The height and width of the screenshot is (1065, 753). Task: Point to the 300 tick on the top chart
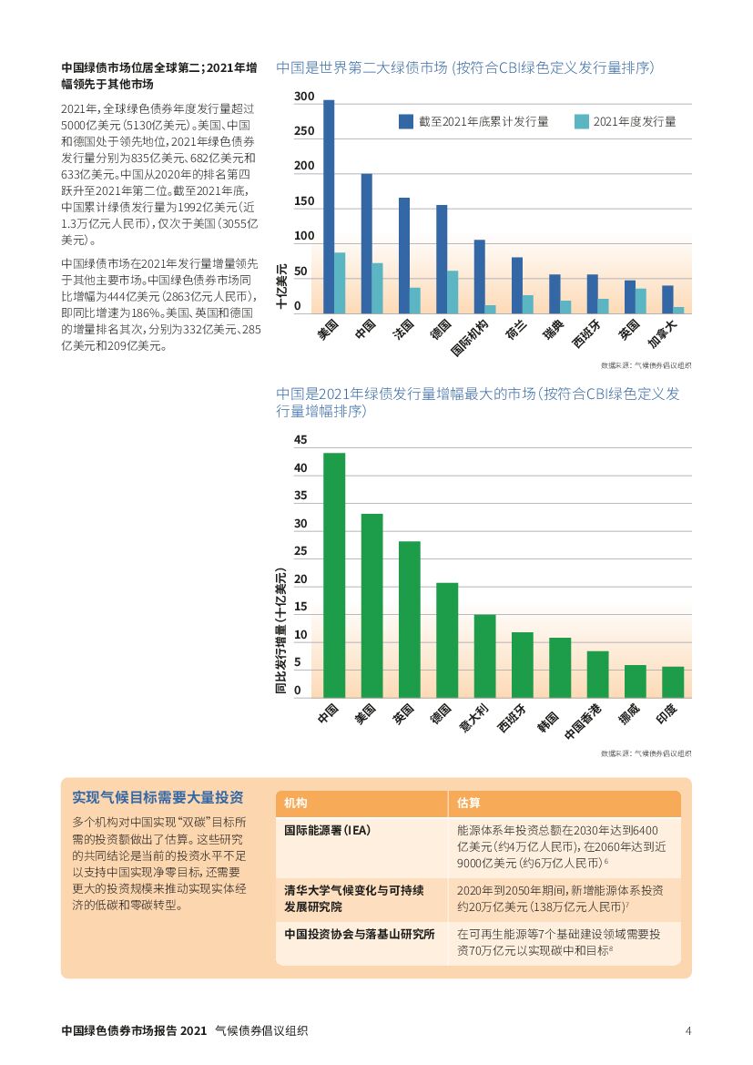point(304,97)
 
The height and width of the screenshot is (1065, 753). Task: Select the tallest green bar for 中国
point(334,575)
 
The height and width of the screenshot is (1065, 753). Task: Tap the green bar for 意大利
point(484,656)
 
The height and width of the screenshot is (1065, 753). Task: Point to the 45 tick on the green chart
point(300,440)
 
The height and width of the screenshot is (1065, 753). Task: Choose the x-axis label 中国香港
point(584,719)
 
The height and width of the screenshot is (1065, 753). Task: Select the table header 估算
point(469,803)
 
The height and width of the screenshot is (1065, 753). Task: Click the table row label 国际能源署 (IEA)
point(328,830)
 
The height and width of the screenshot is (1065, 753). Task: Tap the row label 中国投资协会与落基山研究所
point(360,934)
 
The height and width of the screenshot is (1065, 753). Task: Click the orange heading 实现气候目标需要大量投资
point(158,797)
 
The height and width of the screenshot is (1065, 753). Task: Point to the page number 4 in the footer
point(688,1030)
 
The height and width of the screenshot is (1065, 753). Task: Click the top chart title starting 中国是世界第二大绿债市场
point(465,67)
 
